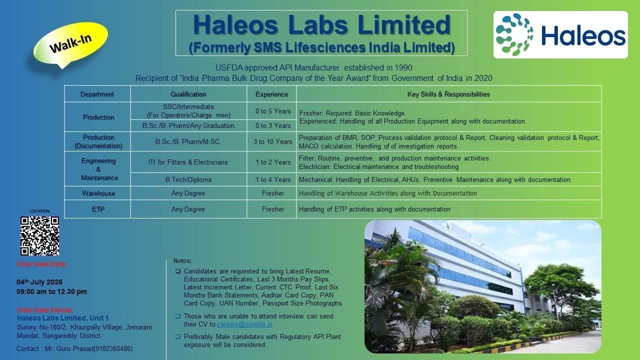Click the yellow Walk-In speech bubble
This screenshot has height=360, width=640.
70,43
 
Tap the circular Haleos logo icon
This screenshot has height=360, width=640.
514,34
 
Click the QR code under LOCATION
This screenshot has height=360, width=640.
39,235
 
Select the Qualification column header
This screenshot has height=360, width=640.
188,94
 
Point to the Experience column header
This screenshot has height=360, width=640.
271,94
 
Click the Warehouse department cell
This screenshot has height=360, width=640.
98,193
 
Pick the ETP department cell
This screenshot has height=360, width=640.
98,209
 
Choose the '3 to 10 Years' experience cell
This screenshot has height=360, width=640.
272,141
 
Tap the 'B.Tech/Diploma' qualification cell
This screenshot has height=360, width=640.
188,179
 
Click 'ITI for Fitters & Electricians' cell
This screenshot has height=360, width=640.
188,162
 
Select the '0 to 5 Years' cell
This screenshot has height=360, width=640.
273,111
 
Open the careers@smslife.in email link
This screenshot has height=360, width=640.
244,324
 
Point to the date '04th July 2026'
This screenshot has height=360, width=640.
39,282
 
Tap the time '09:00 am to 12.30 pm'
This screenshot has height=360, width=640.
51,291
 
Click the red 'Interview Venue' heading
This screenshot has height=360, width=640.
44,309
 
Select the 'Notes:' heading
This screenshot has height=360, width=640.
182,261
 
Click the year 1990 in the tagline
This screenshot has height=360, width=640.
403,67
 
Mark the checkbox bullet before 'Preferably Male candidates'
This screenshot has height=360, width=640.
178,337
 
